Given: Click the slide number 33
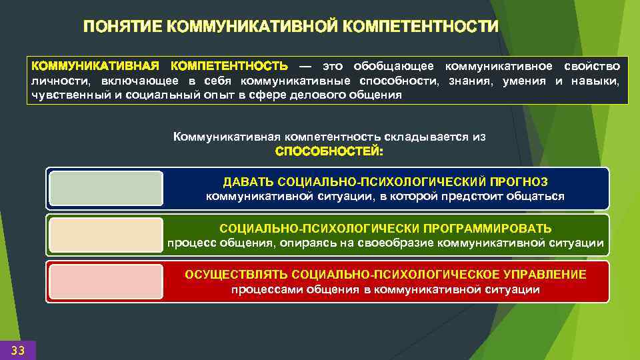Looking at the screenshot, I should [18, 350].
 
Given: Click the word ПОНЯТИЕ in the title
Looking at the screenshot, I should [123, 27].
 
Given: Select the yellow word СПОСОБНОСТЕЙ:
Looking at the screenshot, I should [329, 151].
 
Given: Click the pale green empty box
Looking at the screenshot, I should [105, 189].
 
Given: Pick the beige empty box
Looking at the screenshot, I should [105, 235].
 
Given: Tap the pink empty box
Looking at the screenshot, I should [105, 281].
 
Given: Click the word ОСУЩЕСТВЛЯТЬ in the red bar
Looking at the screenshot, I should [236, 275].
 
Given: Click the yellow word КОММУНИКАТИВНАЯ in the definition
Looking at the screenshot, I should [95, 67].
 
